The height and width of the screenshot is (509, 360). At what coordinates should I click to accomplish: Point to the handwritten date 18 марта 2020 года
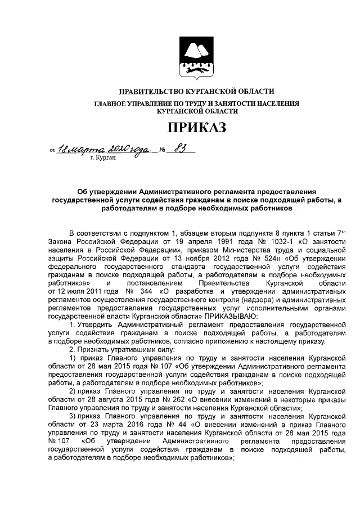pyautogui.click(x=104, y=150)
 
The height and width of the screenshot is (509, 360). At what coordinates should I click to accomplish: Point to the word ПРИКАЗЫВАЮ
pyautogui.click(x=233, y=317)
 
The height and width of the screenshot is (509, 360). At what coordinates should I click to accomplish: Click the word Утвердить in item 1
pyautogui.click(x=97, y=325)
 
